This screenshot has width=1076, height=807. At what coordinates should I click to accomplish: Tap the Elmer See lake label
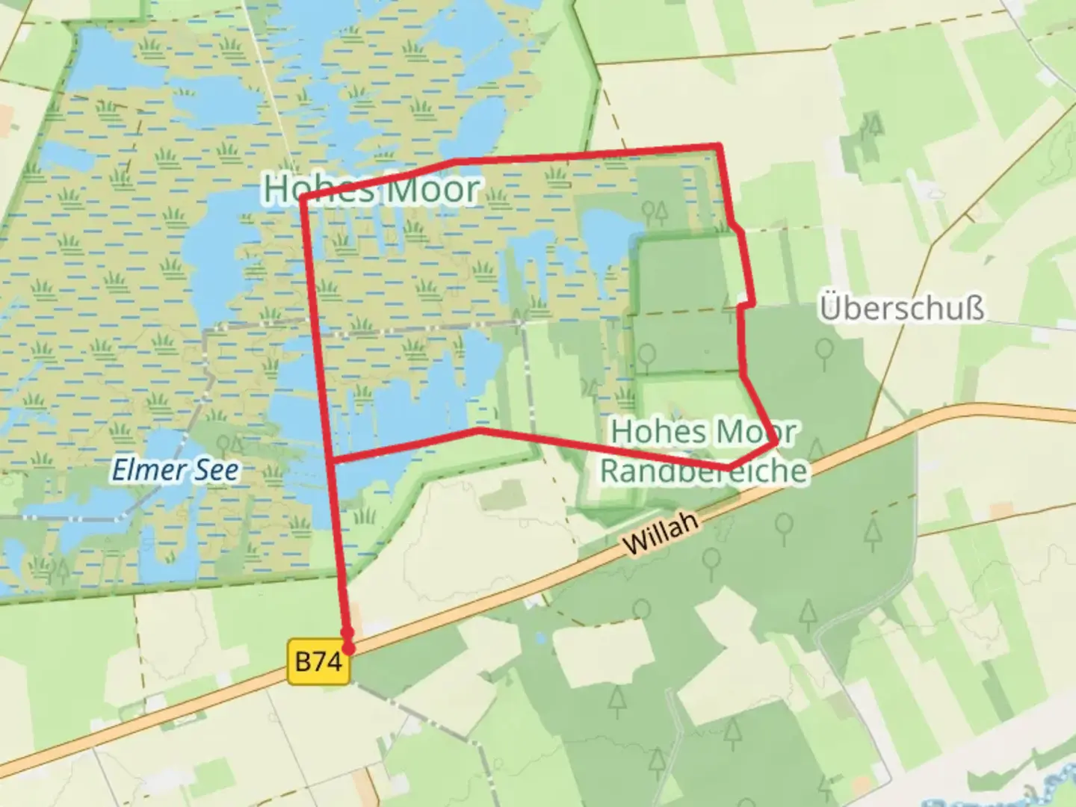pyautogui.click(x=176, y=470)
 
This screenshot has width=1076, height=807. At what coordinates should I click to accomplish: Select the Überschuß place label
pyautogui.click(x=902, y=308)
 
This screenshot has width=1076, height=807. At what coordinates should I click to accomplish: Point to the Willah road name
pyautogui.click(x=661, y=533)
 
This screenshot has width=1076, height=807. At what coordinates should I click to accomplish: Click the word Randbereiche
pyautogui.click(x=704, y=471)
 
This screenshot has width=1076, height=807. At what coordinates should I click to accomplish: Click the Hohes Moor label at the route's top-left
pyautogui.click(x=371, y=188)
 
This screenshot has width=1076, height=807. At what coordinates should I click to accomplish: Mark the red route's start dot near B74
pyautogui.click(x=347, y=647)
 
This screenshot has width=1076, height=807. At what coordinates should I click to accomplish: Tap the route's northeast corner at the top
pyautogui.click(x=719, y=145)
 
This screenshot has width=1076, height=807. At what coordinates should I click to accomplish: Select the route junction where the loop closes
pyautogui.click(x=331, y=461)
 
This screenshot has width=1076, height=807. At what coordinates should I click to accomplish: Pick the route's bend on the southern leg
pyautogui.click(x=478, y=430)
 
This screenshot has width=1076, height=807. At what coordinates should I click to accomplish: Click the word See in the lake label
pyautogui.click(x=217, y=470)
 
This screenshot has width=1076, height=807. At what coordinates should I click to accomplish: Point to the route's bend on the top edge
pyautogui.click(x=453, y=161)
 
